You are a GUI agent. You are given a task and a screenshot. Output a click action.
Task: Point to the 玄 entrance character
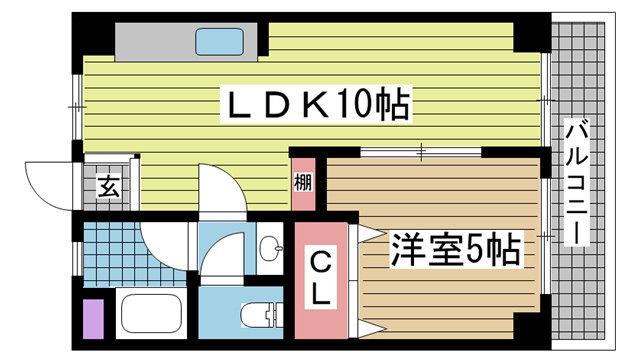pos(105,187)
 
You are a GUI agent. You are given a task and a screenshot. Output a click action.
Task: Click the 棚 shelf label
pos(303,184)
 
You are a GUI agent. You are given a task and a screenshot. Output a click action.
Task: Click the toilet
pos(262,316)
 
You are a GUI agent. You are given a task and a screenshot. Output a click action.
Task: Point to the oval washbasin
pos(267,247)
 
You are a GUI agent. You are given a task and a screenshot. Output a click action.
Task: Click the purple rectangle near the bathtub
pos(92,318)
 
